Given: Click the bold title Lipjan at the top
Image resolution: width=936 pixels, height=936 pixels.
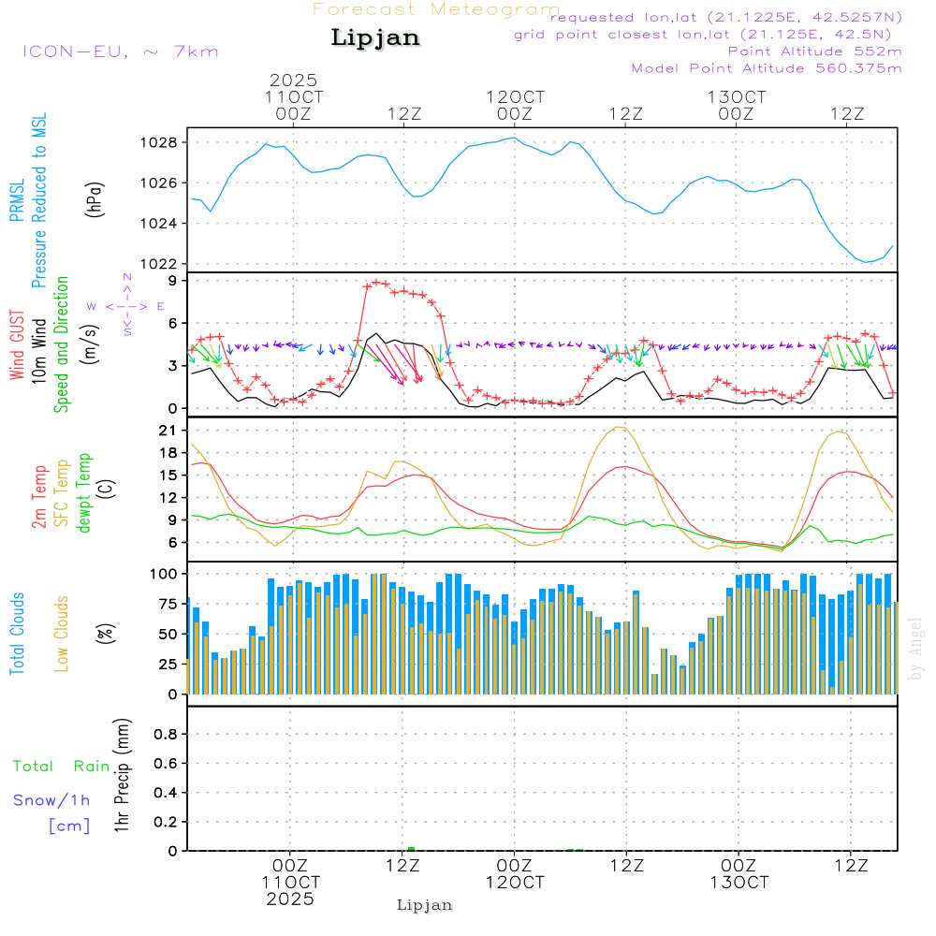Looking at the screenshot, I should coord(375,37).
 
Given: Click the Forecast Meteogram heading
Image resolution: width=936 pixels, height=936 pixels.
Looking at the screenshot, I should coord(435,9).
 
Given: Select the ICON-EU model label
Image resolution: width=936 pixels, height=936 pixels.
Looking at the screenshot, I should coord(120,51).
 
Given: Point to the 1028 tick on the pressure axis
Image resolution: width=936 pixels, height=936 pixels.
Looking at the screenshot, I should coord(159,142).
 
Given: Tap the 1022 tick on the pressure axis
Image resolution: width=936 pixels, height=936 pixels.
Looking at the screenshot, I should coord(159,264).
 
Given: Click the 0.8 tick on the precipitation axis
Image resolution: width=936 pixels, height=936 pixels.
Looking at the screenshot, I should coord(166,735).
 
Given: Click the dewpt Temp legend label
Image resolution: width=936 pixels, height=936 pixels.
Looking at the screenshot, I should coord(85,493).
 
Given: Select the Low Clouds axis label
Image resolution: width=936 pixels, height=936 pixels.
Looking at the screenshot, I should coord(63,634).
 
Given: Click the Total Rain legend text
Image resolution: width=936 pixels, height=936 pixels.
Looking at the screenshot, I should coord(62,766).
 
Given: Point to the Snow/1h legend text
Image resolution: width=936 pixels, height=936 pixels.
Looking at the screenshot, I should coord(52,800).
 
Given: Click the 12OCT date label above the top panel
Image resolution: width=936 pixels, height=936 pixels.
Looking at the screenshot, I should coord(515,97).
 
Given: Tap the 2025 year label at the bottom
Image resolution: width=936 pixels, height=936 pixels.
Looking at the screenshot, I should coord(290,899).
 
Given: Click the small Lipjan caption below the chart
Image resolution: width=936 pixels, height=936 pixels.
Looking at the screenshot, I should coord(425,905).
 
